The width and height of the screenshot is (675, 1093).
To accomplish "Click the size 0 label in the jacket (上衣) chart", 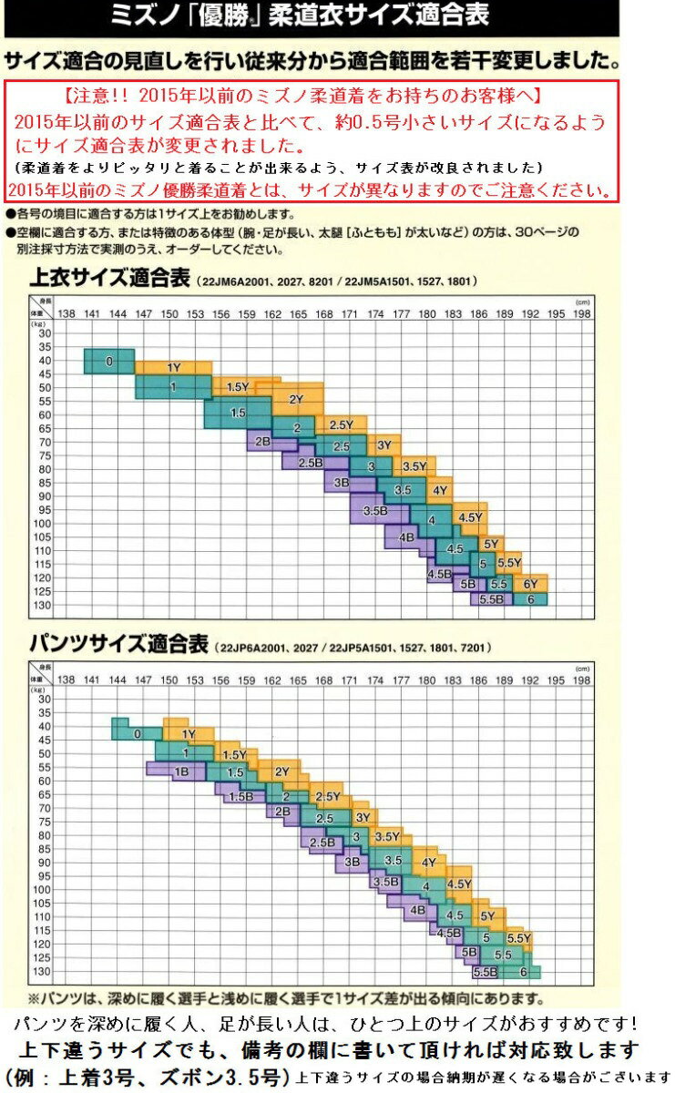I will (x=108, y=362).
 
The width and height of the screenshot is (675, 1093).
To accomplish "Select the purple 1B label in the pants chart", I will (x=181, y=771).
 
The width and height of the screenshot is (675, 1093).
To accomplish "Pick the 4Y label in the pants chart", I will (x=428, y=862).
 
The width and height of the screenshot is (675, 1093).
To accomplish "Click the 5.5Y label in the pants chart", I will (x=518, y=937).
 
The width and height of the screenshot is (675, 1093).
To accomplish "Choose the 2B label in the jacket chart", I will (x=263, y=442).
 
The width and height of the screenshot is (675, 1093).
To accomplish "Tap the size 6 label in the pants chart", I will (x=524, y=971).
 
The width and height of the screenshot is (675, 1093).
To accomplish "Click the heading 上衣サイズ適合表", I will (x=108, y=280).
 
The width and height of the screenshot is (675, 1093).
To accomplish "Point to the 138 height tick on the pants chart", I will (x=66, y=680).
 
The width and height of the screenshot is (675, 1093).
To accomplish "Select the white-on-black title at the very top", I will (x=311, y=15).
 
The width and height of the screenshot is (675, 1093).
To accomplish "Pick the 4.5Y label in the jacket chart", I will (x=470, y=517).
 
